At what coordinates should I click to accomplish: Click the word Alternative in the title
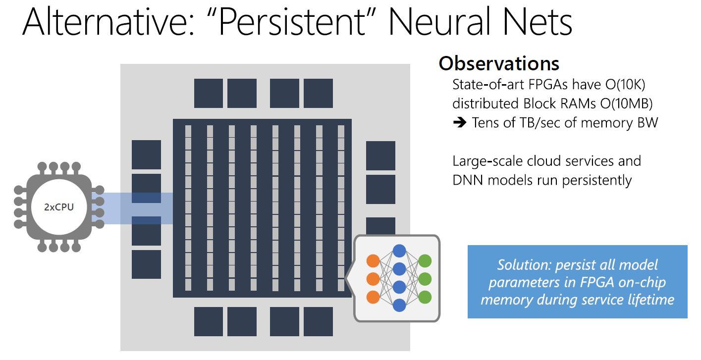point(108,22)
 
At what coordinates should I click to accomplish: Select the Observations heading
point(499,64)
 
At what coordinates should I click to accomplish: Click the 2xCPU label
point(59,207)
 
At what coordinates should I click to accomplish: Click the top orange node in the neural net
point(373,261)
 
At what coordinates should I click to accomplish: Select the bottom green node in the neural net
point(425,297)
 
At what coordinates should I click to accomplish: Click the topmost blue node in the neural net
point(399,251)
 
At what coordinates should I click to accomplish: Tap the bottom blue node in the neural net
point(399,305)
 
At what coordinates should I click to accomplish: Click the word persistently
point(597,181)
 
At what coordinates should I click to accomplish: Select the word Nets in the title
point(538,22)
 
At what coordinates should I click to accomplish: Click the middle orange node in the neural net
point(373,279)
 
